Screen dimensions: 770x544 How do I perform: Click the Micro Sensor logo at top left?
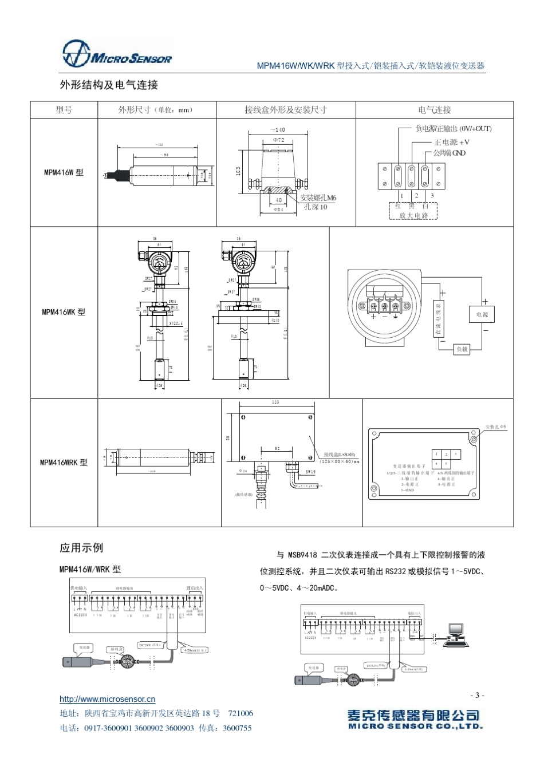coord(116,54)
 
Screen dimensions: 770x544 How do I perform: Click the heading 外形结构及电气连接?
coord(109,85)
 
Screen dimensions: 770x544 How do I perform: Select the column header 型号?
coord(64,110)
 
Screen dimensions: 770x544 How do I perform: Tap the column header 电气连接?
coord(434,110)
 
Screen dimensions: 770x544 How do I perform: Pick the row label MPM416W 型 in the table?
coord(64,172)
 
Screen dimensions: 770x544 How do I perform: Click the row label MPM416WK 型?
coord(64,312)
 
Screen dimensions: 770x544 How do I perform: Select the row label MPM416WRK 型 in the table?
coord(64,463)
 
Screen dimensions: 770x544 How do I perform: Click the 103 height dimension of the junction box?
coord(238,171)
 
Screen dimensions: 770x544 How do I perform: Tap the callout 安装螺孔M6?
coord(318,198)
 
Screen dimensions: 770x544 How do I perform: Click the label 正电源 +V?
coord(452,142)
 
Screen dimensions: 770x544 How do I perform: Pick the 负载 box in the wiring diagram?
coord(461,349)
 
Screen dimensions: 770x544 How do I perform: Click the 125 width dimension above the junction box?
coord(276,403)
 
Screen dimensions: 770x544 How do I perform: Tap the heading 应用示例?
coord(81,548)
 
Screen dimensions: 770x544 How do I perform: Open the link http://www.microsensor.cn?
coord(108,699)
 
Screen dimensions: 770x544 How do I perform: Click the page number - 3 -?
coord(477,695)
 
